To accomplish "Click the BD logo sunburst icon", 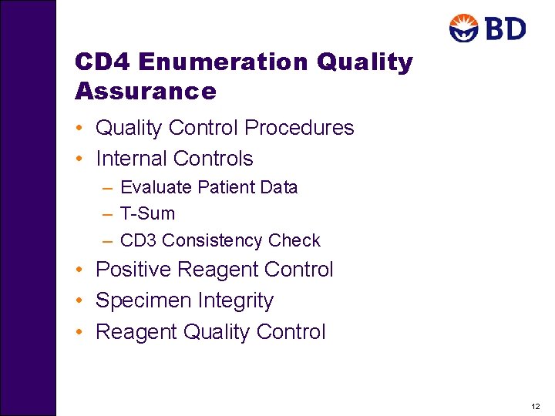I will pyautogui.click(x=465, y=29).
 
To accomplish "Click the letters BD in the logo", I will pyautogui.click(x=504, y=29).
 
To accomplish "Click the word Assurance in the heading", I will pyautogui.click(x=146, y=92).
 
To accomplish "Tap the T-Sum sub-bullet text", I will pyautogui.click(x=148, y=213).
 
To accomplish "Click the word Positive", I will pyautogui.click(x=134, y=270).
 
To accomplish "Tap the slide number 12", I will pyautogui.click(x=536, y=405).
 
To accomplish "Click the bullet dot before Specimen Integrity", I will pyautogui.click(x=80, y=300).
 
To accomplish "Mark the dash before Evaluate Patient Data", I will pyautogui.click(x=106, y=187).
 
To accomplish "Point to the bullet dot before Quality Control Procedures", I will pyautogui.click(x=80, y=128).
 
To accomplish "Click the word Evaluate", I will pyautogui.click(x=156, y=187).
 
